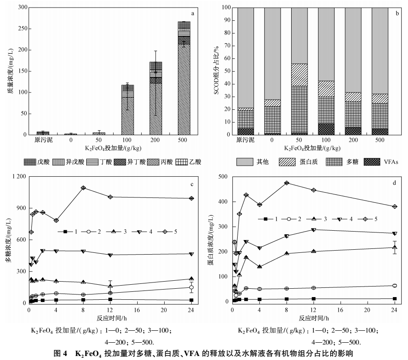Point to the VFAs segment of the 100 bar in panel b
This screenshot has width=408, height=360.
[326, 129]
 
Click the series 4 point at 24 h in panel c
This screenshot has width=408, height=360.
[191, 254]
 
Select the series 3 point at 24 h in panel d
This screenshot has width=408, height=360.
[395, 247]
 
